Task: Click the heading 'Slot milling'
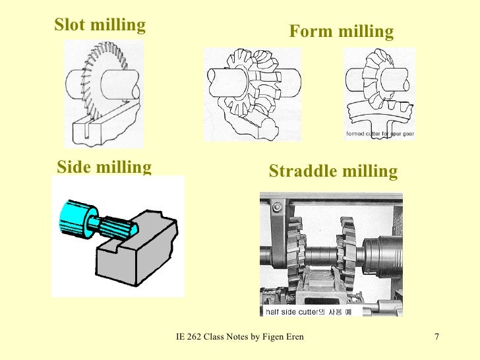point(100,25)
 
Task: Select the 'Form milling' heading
point(342,32)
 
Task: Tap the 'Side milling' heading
point(104,167)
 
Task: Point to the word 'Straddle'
point(301,171)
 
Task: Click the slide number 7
point(436,338)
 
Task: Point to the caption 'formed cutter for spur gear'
point(380,134)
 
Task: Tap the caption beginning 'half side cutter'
point(312,311)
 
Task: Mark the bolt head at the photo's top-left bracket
point(276,208)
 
